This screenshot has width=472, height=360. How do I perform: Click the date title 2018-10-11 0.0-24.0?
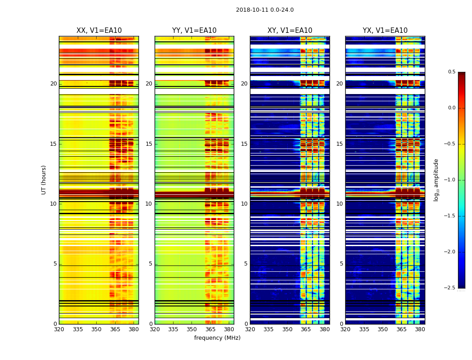(265, 10)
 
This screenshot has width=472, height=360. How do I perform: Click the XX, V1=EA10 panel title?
(99, 31)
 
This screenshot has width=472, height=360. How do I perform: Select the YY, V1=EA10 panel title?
(194, 31)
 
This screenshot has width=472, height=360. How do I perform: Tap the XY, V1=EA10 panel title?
(290, 31)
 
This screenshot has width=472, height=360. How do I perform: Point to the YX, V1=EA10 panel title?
(385, 31)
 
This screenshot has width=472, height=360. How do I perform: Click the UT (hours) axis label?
(44, 180)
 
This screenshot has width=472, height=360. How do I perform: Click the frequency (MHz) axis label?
(217, 338)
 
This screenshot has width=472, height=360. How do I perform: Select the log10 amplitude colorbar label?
(436, 180)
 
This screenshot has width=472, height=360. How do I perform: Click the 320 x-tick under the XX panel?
(59, 329)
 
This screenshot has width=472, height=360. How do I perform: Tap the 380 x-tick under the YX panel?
(420, 329)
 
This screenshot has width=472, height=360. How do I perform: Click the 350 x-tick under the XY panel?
(287, 329)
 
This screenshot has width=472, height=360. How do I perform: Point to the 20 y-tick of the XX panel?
(53, 84)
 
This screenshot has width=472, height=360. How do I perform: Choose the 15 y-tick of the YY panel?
(149, 144)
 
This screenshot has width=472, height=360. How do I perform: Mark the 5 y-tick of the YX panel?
(341, 264)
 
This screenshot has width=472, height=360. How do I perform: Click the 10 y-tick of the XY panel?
(244, 204)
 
